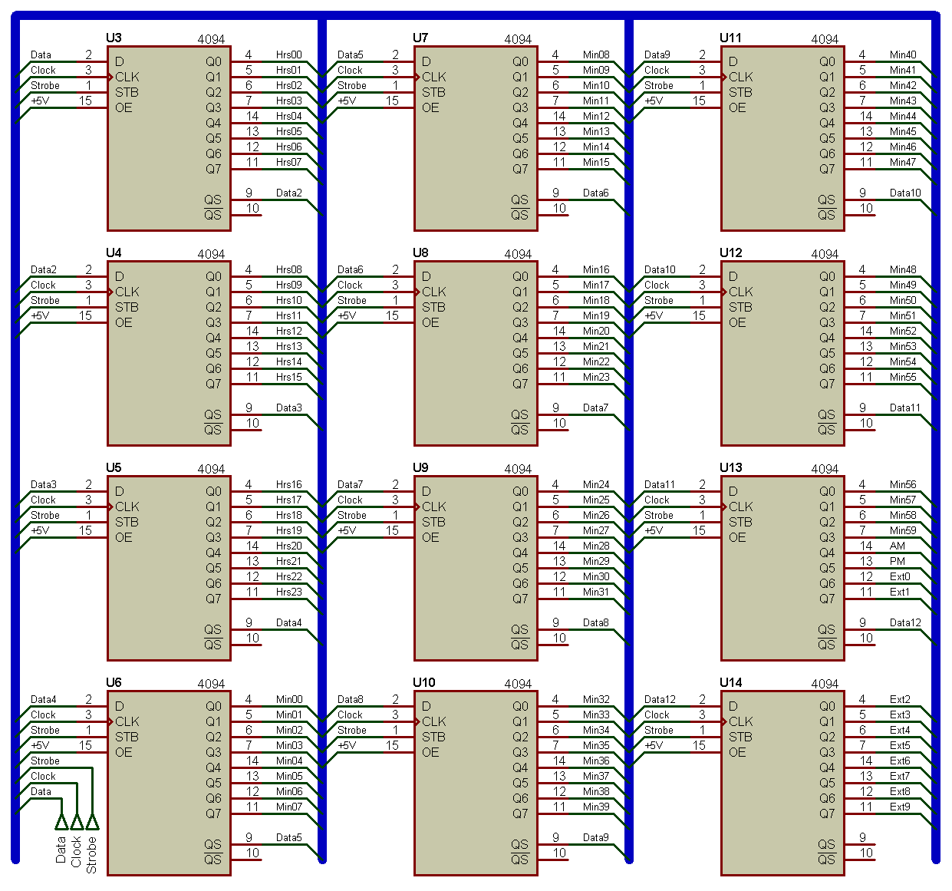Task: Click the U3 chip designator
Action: click(x=114, y=38)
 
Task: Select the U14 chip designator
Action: click(x=730, y=682)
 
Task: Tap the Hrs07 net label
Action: click(x=288, y=162)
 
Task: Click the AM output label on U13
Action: click(x=897, y=546)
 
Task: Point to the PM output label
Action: click(x=897, y=561)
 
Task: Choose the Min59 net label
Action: click(x=903, y=530)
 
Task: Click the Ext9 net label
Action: click(x=899, y=807)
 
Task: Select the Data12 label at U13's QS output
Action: click(x=905, y=622)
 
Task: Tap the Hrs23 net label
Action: click(x=288, y=592)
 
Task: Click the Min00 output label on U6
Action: click(x=289, y=699)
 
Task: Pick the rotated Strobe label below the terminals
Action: click(x=91, y=855)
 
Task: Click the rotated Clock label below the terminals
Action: click(x=76, y=852)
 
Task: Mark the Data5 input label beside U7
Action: click(x=350, y=54)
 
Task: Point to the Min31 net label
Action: click(x=596, y=592)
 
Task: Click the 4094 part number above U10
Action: click(x=518, y=684)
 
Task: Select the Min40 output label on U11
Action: click(x=903, y=54)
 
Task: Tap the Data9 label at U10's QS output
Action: click(x=595, y=837)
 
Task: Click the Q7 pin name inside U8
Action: click(x=520, y=384)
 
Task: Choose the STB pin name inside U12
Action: click(x=740, y=308)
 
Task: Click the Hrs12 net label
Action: click(x=288, y=331)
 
